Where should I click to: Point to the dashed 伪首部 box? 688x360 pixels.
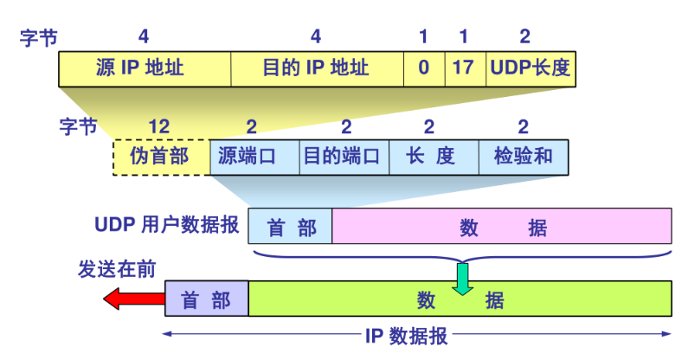161,157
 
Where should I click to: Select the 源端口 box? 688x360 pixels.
254,157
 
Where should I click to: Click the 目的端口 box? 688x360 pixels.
344,157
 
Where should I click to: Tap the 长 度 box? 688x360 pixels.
434,157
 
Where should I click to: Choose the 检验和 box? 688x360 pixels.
524,157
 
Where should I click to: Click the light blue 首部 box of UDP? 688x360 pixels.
290,228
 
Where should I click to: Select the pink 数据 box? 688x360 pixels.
502,228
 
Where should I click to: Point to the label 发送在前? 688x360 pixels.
117,269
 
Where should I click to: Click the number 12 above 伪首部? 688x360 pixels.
159,127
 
